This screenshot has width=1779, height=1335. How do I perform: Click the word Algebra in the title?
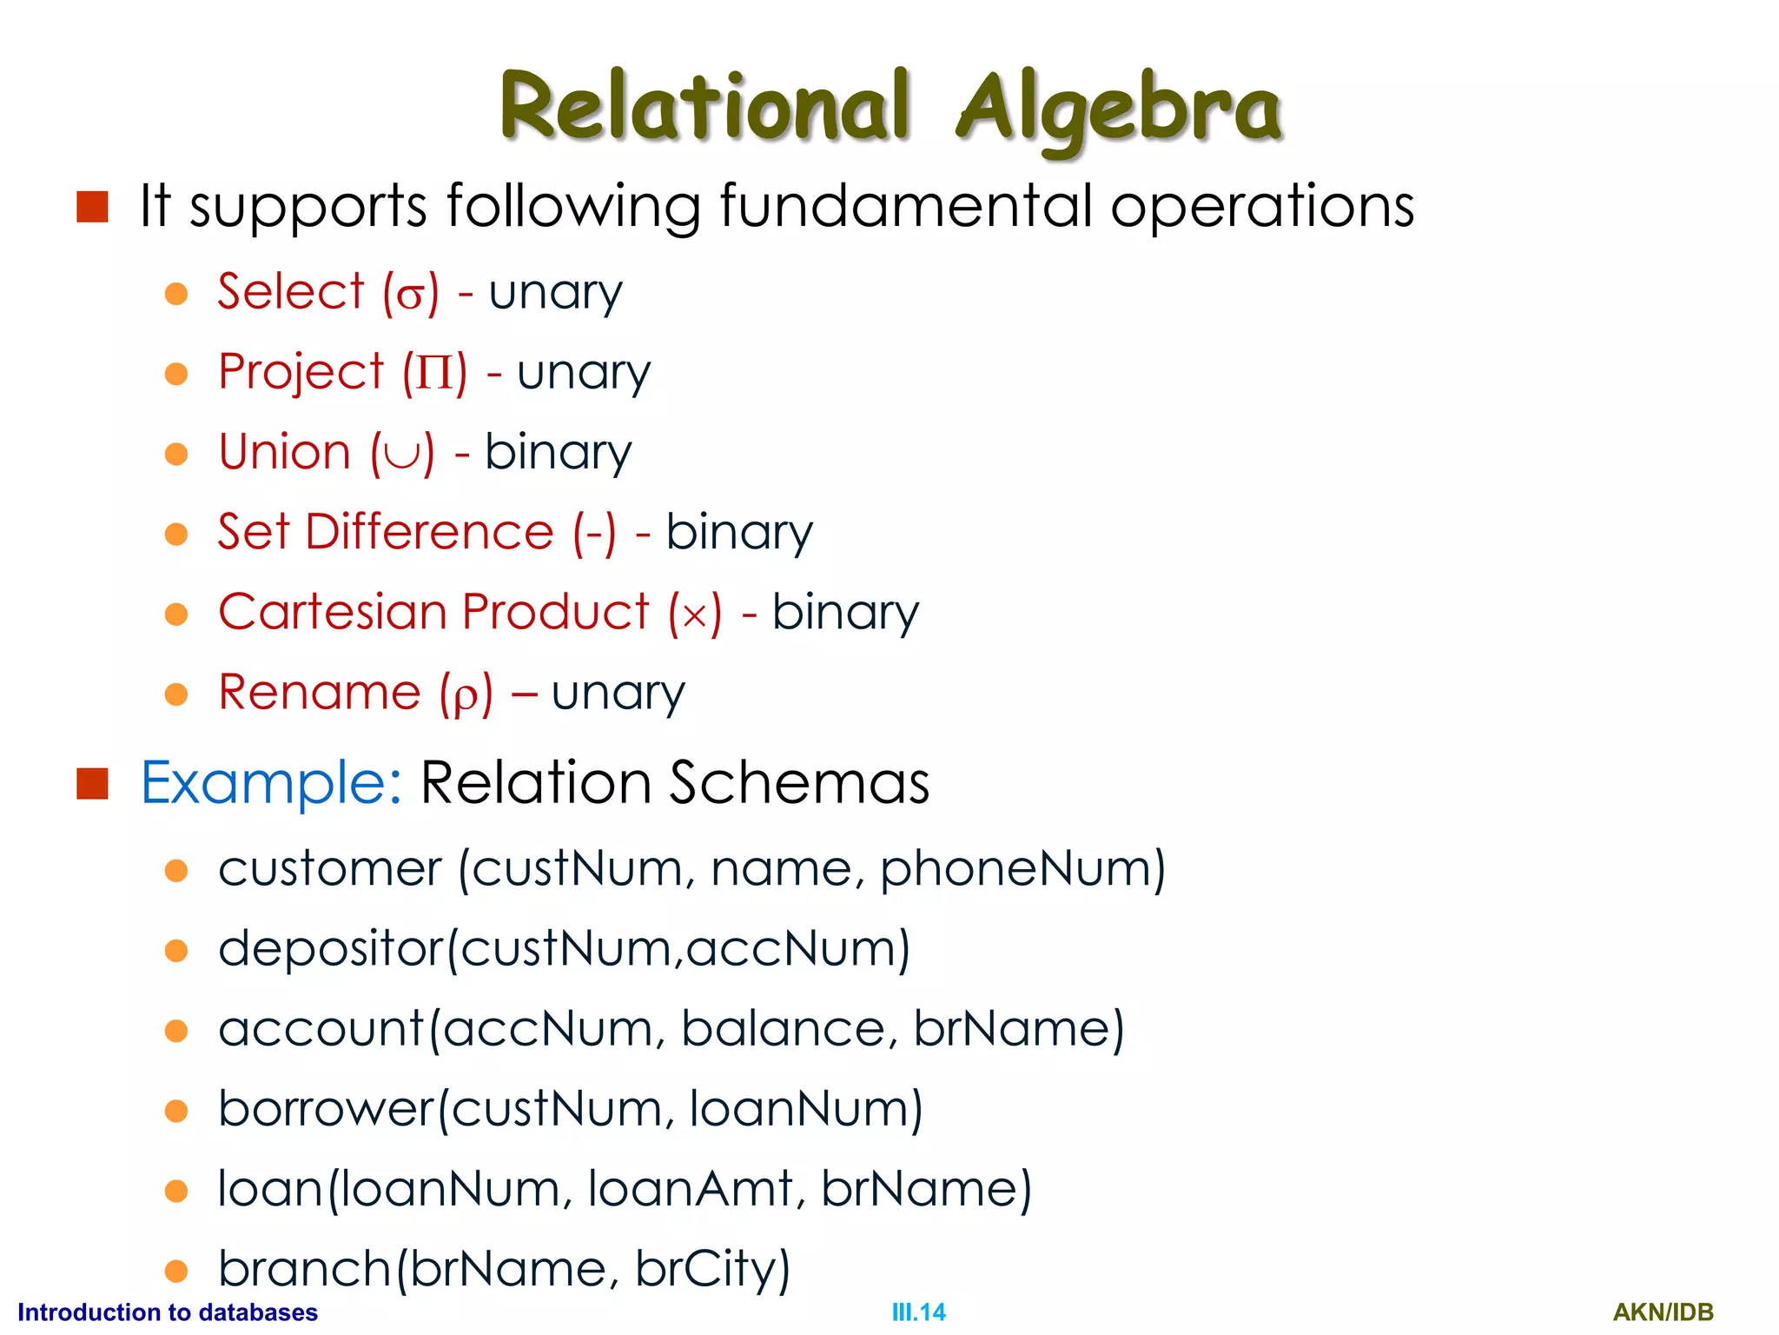tap(1119, 109)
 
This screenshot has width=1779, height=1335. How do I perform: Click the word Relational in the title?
tap(705, 107)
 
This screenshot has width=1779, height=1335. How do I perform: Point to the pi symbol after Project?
tap(434, 374)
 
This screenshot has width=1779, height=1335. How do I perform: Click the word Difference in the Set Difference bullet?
tap(429, 532)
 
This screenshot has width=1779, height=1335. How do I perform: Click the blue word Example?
tap(270, 783)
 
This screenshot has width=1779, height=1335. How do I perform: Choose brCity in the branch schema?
tap(711, 1269)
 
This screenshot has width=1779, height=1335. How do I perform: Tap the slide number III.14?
tap(918, 1312)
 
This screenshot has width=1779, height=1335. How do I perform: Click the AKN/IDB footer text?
tap(1663, 1312)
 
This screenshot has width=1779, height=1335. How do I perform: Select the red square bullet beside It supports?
tap(92, 207)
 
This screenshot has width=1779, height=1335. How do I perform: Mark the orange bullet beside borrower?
tap(176, 1111)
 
